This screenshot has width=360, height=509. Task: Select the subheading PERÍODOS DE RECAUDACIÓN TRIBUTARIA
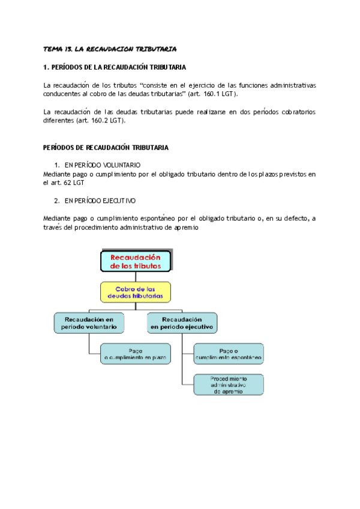click(106, 147)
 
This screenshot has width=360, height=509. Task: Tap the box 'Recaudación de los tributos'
click(136, 261)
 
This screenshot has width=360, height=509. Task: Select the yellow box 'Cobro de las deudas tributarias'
click(136, 292)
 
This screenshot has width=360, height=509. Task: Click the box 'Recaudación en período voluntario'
click(89, 323)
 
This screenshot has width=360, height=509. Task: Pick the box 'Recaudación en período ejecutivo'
click(181, 323)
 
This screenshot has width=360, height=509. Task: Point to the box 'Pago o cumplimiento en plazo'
click(135, 354)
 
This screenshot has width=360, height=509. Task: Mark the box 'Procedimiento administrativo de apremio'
click(228, 384)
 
